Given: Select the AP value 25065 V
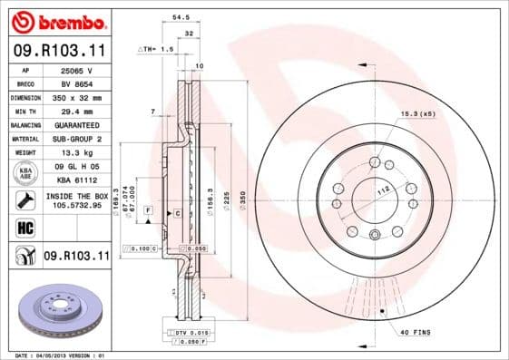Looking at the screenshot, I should pos(74,70).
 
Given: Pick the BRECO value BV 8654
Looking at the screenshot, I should pos(74,83).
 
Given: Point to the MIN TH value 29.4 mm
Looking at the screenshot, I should pos(74,111).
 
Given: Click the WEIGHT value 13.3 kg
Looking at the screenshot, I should pos(74,152).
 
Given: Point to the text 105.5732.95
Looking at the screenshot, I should pos(74,205).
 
